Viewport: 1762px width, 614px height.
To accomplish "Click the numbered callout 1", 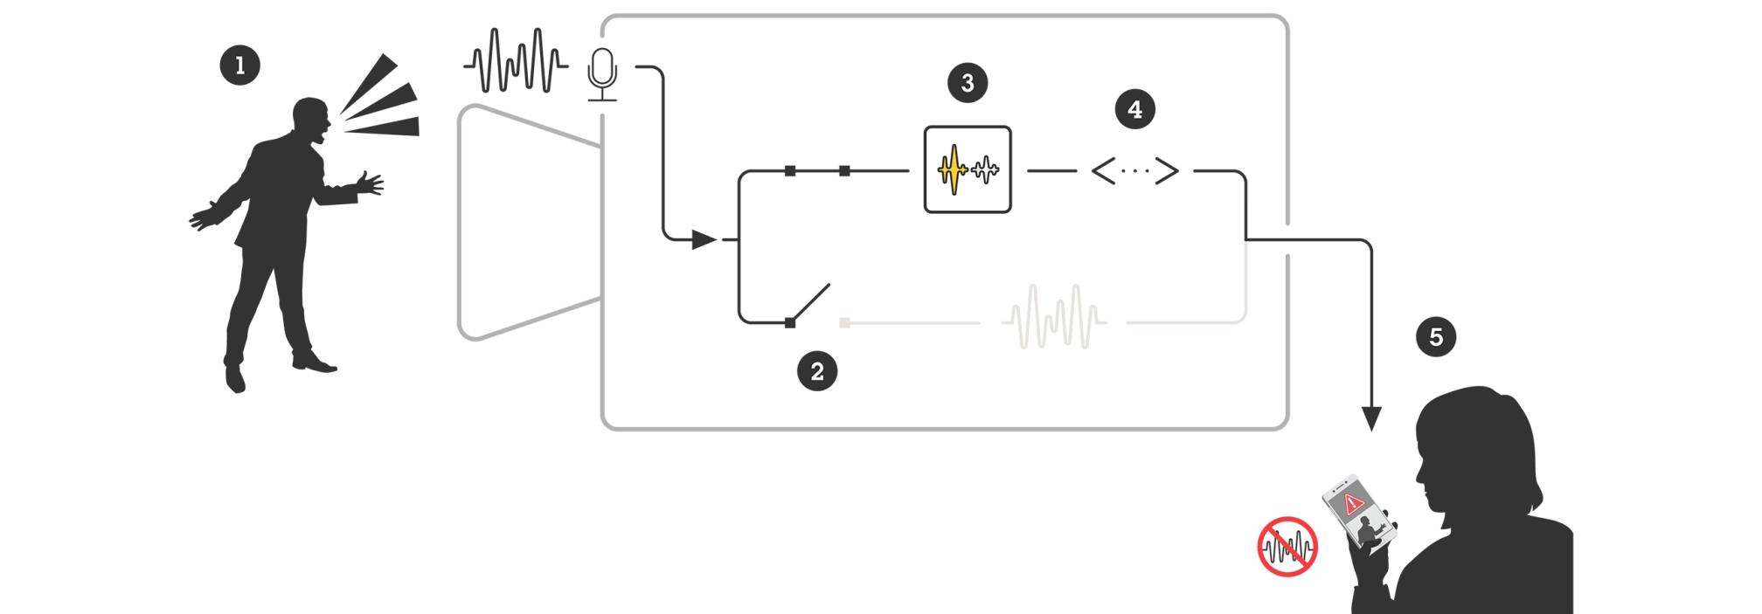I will coord(240,66).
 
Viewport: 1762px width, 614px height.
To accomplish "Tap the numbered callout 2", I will coord(817,371).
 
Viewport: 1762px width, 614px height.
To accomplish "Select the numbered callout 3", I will coord(968,83).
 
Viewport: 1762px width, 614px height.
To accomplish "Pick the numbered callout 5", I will coord(1436,337).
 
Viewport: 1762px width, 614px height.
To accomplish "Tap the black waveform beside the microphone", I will coord(516,60).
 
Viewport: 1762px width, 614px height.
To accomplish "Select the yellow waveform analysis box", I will coord(968,169).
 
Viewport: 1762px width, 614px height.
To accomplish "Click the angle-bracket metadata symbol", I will coord(1134,171).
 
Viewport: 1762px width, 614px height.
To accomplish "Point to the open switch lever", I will coord(809,303).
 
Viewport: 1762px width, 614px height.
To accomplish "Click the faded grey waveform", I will coord(1054,316).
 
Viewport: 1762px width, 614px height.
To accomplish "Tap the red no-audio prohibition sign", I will coord(1287,547).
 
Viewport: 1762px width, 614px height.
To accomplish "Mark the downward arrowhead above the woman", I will coord(1371,418).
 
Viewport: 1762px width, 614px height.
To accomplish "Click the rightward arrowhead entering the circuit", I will coord(703,238).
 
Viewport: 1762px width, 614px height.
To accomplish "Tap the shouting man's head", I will coord(311,119).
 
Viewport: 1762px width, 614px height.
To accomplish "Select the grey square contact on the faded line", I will coord(844,323).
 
